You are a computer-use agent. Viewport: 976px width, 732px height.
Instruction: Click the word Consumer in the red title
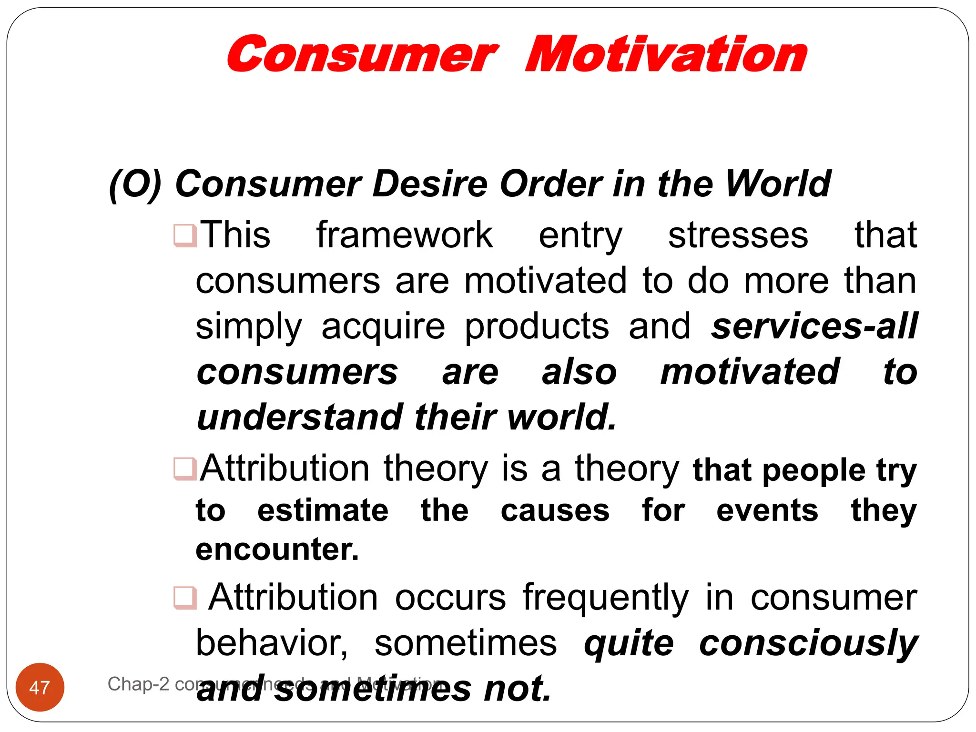tap(362, 55)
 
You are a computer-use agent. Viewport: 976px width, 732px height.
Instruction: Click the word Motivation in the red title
tap(666, 55)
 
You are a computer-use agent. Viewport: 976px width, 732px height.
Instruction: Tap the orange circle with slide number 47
tap(40, 687)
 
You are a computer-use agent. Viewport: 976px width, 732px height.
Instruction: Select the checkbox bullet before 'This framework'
tap(185, 235)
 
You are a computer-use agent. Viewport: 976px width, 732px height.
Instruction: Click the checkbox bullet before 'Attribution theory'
tap(185, 469)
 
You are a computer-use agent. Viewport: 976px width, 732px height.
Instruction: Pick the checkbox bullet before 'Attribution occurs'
tap(185, 598)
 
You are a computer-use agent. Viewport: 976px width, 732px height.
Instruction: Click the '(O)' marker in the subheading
tap(135, 184)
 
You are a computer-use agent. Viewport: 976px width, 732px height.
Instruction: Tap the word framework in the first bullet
tap(404, 235)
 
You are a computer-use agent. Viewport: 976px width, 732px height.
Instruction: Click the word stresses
tap(738, 235)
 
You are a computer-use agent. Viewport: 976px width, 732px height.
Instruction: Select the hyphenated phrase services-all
tap(814, 326)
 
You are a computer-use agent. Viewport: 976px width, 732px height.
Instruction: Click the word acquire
tap(383, 327)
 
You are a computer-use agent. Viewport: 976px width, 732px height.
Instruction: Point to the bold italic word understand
tap(300, 417)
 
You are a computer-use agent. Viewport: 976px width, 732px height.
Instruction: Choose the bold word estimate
tap(323, 511)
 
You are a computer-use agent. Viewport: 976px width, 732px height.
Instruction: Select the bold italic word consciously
tap(808, 643)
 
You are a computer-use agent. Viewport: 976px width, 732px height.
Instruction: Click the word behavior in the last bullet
tap(272, 643)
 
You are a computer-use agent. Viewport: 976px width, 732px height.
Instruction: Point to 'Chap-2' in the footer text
tap(138, 684)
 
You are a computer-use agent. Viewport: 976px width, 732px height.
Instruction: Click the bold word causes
tap(555, 511)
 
